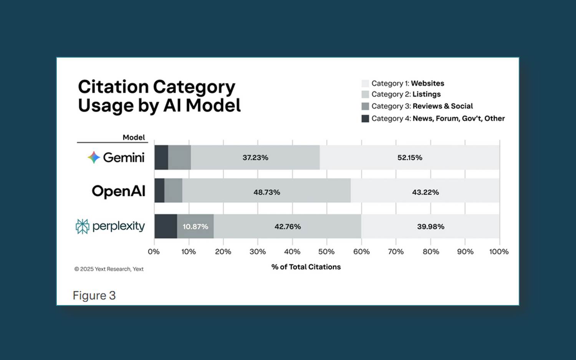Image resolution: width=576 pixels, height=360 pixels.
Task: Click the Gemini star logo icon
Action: click(94, 157)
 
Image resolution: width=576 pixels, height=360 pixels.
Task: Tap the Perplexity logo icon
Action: click(83, 226)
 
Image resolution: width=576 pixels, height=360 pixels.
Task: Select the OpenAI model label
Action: click(119, 191)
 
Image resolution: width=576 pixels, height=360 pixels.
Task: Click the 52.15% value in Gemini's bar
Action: click(410, 158)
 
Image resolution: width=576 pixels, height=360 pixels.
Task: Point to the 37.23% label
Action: click(255, 158)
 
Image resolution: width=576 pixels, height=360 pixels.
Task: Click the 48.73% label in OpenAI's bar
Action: click(266, 192)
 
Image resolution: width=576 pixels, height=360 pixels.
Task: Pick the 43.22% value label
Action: click(425, 192)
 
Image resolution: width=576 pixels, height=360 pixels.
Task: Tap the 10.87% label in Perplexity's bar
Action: click(195, 226)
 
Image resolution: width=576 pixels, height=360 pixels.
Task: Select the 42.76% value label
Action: click(288, 226)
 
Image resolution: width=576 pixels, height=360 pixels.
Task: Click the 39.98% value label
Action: click(431, 226)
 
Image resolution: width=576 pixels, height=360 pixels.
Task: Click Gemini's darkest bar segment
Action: click(161, 158)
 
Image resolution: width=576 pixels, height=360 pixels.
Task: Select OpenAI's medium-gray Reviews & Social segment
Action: click(173, 191)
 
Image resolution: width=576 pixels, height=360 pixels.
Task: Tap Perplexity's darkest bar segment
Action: click(166, 226)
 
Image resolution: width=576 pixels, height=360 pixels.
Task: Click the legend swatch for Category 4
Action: click(365, 119)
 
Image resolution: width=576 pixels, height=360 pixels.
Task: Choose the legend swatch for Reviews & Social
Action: click(365, 106)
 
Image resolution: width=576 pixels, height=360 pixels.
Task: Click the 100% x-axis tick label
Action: click(499, 252)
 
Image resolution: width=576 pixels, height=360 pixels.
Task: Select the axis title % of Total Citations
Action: click(306, 267)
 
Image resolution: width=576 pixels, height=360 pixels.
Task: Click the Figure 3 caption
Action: click(94, 295)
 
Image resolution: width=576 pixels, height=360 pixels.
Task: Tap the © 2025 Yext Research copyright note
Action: click(109, 269)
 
